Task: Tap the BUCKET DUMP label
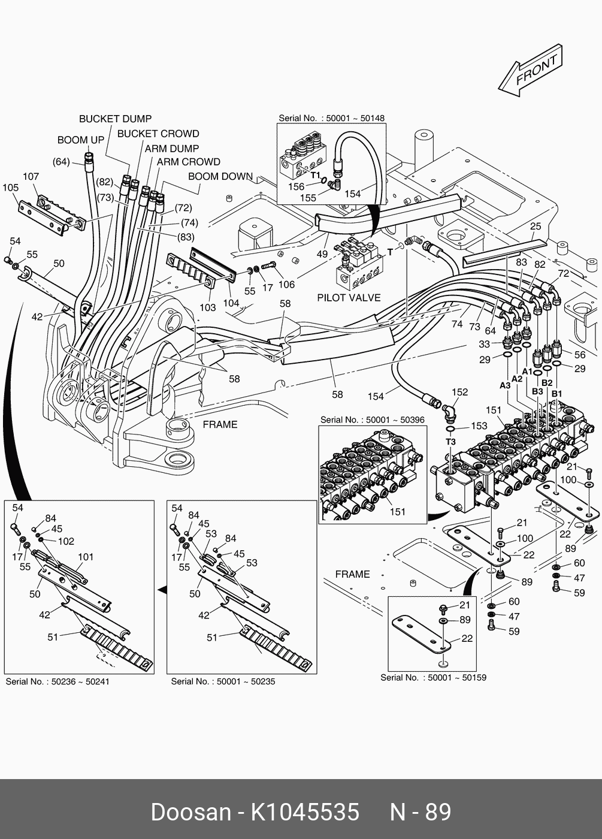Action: pyautogui.click(x=115, y=119)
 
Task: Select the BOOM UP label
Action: pyautogui.click(x=81, y=140)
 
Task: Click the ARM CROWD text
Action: pyautogui.click(x=188, y=162)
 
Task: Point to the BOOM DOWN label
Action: pyautogui.click(x=220, y=176)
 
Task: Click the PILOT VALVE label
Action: pyautogui.click(x=349, y=298)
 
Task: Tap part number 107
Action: pyautogui.click(x=31, y=176)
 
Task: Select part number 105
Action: pyautogui.click(x=11, y=188)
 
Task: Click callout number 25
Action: pyautogui.click(x=536, y=226)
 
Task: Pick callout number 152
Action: pyautogui.click(x=459, y=393)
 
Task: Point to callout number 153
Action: pyautogui.click(x=479, y=425)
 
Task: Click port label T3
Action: pyautogui.click(x=450, y=442)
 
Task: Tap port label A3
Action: pyautogui.click(x=505, y=385)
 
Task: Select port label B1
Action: pyautogui.click(x=556, y=393)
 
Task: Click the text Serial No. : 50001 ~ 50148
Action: pyautogui.click(x=331, y=118)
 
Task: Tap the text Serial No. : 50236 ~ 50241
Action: pyautogui.click(x=58, y=681)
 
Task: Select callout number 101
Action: pyautogui.click(x=86, y=557)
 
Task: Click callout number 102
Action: pyautogui.click(x=66, y=541)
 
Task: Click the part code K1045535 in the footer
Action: pyautogui.click(x=304, y=812)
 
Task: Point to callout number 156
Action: pyautogui.click(x=297, y=187)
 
